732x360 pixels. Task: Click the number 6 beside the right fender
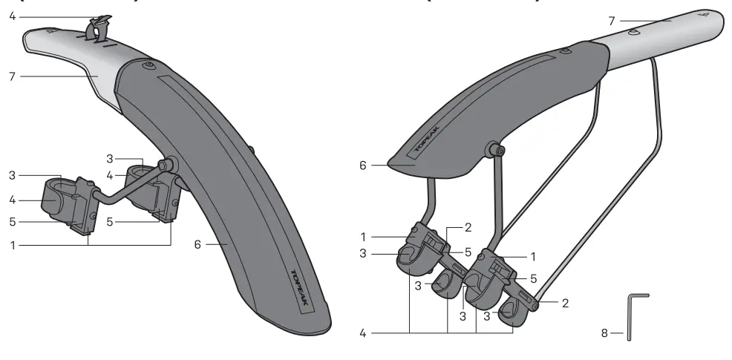pos(363,166)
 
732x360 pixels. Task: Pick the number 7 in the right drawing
pos(612,20)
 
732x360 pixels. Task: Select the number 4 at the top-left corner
pos(13,15)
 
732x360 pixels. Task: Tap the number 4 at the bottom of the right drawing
pos(364,333)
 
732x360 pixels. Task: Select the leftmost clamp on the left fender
pos(60,195)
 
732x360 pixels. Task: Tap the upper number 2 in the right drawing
pos(468,227)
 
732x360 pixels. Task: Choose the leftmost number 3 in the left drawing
pos(13,175)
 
